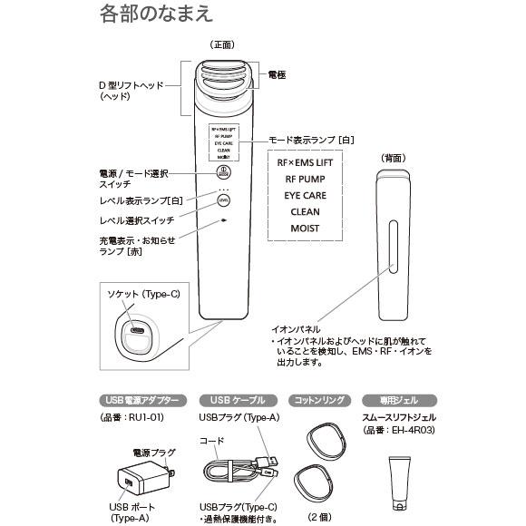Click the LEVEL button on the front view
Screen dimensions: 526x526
tap(222, 200)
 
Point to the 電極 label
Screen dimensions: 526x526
tap(277, 74)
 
